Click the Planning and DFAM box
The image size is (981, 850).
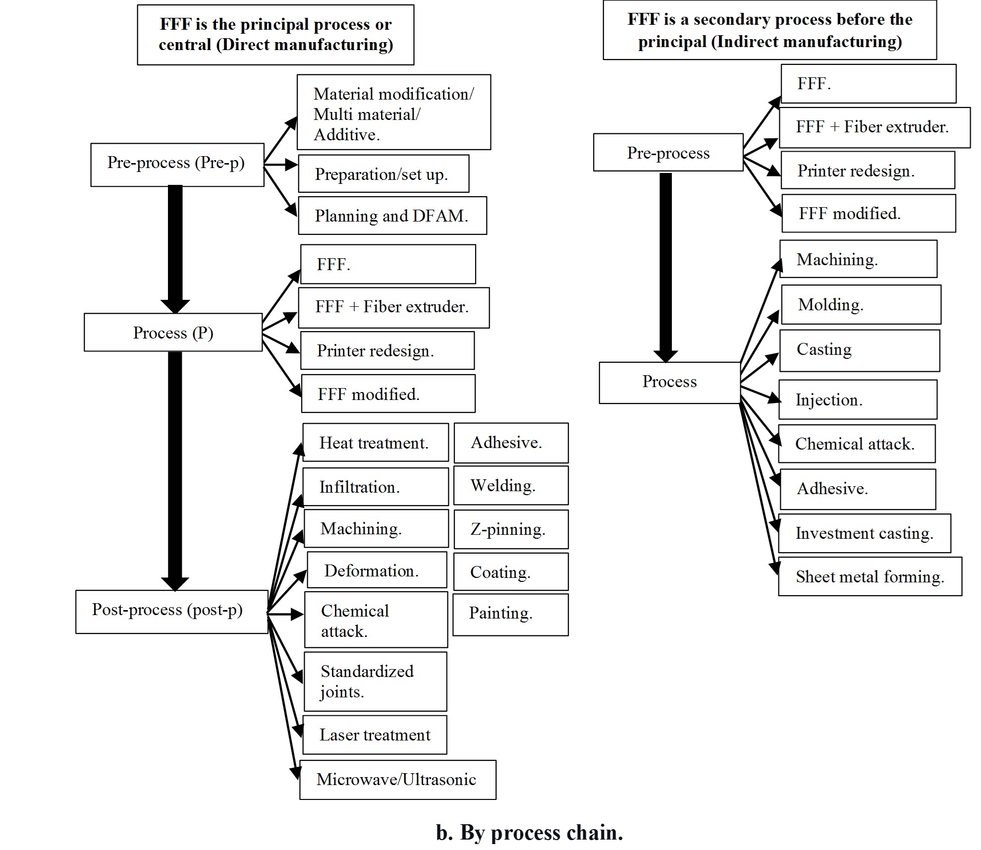(392, 216)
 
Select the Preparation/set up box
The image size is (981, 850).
(383, 174)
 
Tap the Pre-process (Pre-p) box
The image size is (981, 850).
(177, 165)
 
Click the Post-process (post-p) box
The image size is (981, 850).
(171, 611)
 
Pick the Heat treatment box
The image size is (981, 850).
(375, 443)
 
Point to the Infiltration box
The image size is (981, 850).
(375, 487)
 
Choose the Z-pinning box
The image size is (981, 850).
(510, 529)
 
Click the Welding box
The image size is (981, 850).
(510, 486)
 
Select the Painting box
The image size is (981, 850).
(510, 614)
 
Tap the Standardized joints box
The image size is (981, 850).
(375, 681)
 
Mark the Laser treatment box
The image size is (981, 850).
(375, 735)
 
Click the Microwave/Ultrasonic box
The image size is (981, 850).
(397, 780)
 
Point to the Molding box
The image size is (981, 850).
(860, 304)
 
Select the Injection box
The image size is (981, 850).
(858, 399)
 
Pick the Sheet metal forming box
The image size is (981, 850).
(870, 576)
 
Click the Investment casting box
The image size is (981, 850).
(864, 533)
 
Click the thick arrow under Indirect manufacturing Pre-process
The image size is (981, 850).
(665, 268)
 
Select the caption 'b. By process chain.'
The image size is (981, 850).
(529, 833)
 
